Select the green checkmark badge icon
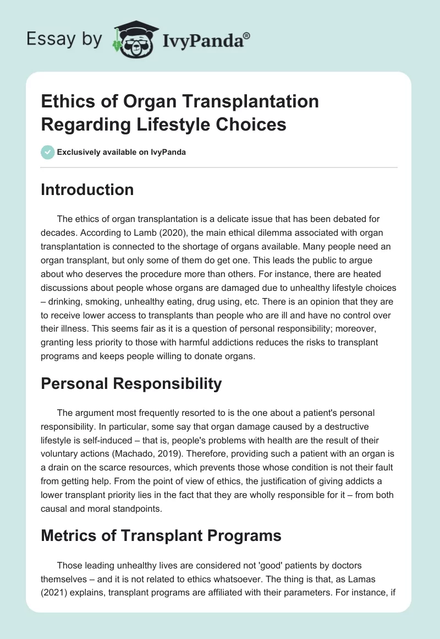pyautogui.click(x=47, y=152)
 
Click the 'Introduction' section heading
pyautogui.click(x=87, y=189)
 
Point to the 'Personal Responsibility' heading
pyautogui.click(x=131, y=384)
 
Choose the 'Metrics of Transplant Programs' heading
pyautogui.click(x=161, y=535)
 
